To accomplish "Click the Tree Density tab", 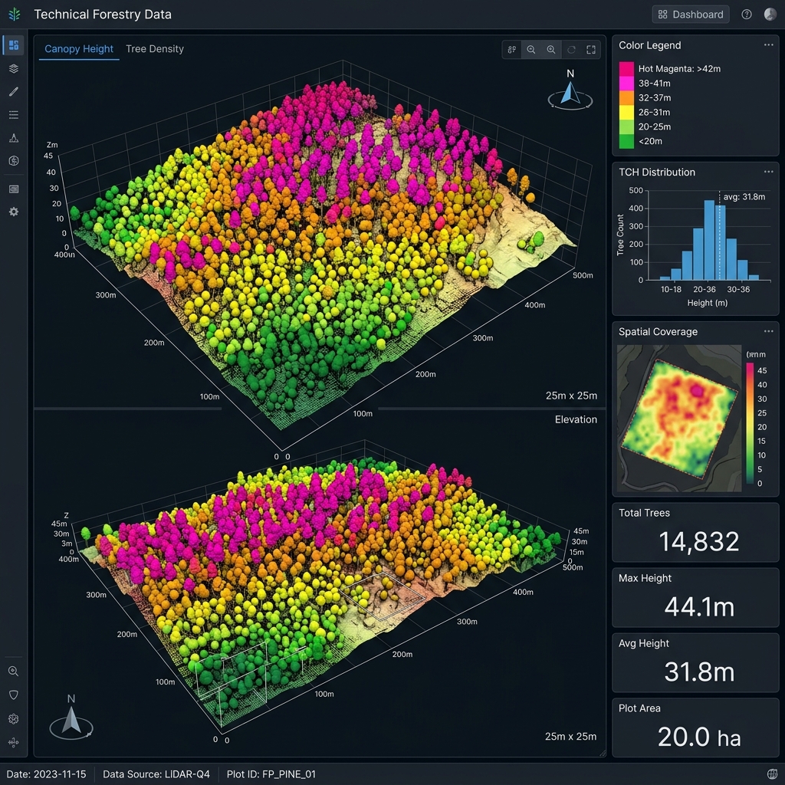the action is (x=155, y=49).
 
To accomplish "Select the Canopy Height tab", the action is (x=79, y=49).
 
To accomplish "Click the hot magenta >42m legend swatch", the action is (x=626, y=68).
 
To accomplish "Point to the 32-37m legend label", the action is (x=655, y=97).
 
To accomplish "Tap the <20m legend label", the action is (x=650, y=141).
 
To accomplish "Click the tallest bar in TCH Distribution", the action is (x=709, y=240).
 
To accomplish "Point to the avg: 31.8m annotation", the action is (x=744, y=197).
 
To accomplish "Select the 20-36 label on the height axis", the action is (x=704, y=289).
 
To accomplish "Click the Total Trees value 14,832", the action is (x=699, y=542).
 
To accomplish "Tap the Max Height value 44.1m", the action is (x=699, y=607).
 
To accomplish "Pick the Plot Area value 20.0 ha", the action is (x=699, y=737).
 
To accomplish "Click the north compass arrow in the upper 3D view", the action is (x=570, y=93).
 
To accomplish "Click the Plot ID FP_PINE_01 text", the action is (x=271, y=774).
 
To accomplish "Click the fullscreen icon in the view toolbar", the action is (x=591, y=50).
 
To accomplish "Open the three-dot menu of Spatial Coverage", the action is (x=768, y=331).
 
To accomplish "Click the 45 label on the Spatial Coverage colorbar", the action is (x=762, y=370).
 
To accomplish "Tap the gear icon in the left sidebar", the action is (x=14, y=212).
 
